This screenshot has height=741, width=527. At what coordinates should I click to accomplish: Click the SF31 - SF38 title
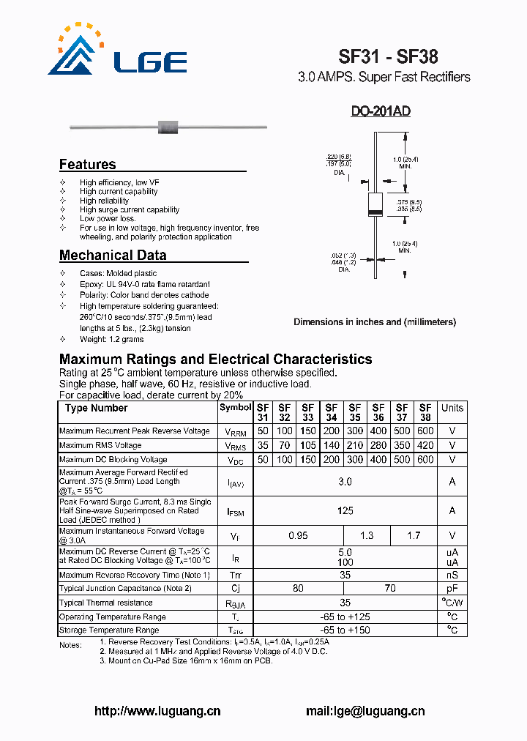(x=388, y=56)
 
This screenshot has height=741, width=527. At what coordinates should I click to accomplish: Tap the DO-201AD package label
(x=380, y=111)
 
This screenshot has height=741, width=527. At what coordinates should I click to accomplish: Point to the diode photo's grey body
(x=168, y=127)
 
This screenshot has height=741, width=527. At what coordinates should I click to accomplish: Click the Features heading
(x=87, y=165)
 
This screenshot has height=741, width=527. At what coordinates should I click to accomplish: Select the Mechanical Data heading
(x=113, y=256)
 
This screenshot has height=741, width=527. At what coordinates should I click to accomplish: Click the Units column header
(x=452, y=408)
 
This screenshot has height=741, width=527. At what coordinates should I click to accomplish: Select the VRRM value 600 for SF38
(x=425, y=431)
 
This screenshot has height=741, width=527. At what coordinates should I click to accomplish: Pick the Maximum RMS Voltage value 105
(x=307, y=445)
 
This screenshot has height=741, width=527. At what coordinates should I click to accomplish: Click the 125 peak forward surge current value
(x=345, y=510)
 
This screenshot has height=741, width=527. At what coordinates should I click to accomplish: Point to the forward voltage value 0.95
(x=298, y=536)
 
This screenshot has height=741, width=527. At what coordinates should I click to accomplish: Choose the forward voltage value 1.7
(x=413, y=536)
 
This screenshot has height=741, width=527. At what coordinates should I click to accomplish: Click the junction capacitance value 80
(x=298, y=588)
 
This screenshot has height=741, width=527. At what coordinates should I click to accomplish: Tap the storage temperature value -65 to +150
(x=345, y=630)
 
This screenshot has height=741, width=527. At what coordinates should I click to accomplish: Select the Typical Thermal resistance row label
(x=106, y=603)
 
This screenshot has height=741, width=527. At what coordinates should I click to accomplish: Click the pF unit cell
(x=452, y=588)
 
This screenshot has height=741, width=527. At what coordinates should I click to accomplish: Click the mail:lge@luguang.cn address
(x=365, y=710)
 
